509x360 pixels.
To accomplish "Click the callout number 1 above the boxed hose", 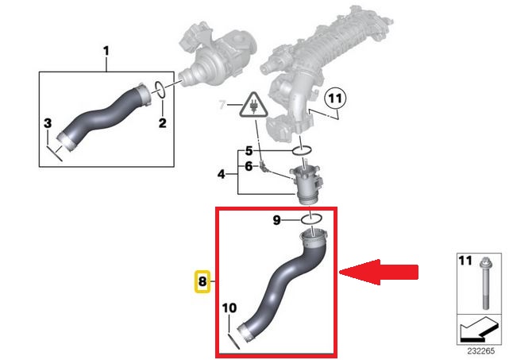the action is point(106,52).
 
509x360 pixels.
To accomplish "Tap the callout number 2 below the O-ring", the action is point(162,123).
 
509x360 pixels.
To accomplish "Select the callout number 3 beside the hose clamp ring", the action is point(48,123).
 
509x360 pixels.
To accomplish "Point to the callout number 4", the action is point(221,175).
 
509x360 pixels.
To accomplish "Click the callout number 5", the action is point(249,151).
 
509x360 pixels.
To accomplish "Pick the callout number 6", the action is point(249,166).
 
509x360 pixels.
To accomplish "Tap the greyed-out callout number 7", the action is point(222,105).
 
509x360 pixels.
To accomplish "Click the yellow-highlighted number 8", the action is point(202,281).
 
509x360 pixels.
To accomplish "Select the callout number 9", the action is point(276,220).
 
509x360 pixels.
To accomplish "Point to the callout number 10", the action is point(229,308).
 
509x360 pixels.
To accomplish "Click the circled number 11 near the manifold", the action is point(336,98).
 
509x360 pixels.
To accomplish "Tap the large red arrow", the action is point(379,273).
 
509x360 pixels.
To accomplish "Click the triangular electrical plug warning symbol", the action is point(253,105).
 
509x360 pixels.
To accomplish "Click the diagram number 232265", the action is point(481,351).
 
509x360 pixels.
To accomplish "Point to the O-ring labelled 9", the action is point(312,220).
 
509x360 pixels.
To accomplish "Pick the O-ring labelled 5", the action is point(303,150).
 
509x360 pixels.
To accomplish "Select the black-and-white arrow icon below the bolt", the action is point(479,330).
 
